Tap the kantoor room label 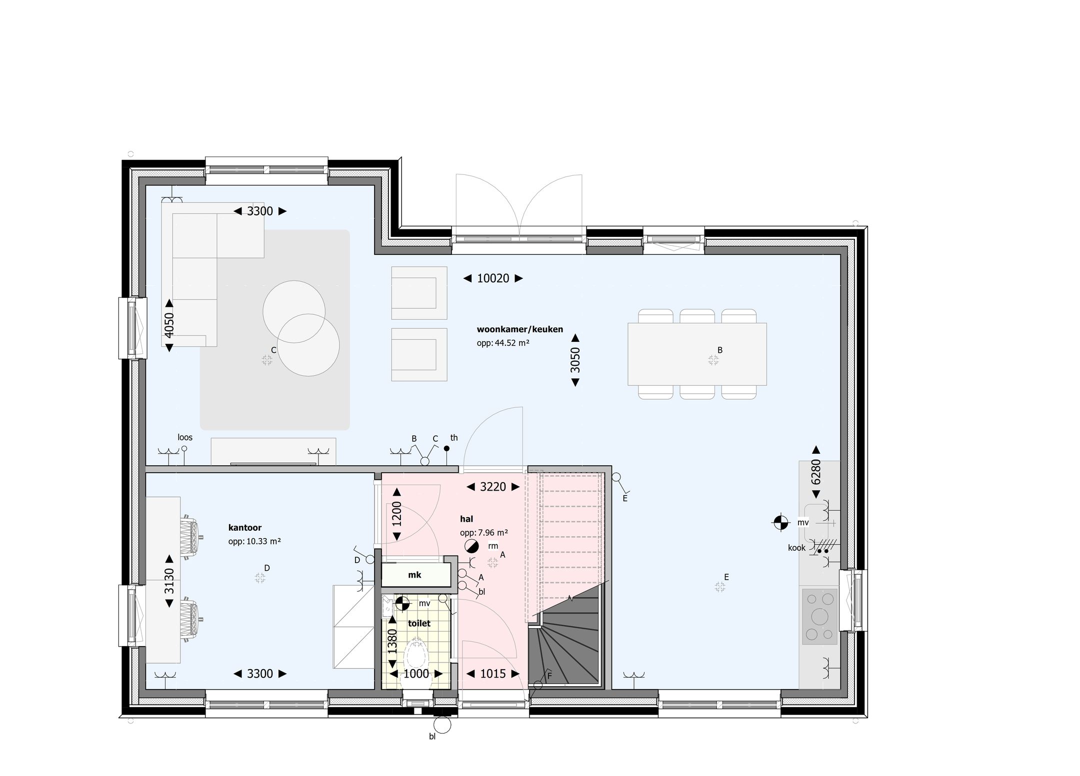[x=244, y=527]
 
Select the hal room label [x=466, y=519]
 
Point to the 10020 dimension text [x=493, y=278]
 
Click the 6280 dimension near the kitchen [x=815, y=472]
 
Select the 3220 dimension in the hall [x=493, y=487]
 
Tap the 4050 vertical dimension [x=169, y=325]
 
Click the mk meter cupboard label [x=414, y=575]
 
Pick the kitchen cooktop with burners [x=819, y=616]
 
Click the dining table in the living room [x=697, y=354]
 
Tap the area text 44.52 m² [x=503, y=343]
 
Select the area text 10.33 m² [x=254, y=541]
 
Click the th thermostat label [x=454, y=438]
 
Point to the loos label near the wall [x=185, y=437]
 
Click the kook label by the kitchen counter [x=796, y=548]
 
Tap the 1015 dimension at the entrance [x=493, y=674]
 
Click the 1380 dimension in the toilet [x=392, y=641]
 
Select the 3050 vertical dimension [x=575, y=360]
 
